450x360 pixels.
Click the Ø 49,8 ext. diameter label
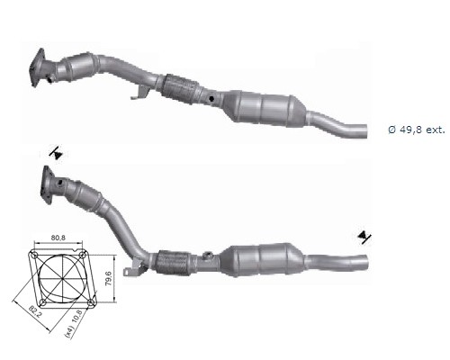(x=417, y=130)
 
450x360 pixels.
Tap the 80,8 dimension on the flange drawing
(x=58, y=238)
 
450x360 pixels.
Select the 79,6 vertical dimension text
(x=109, y=278)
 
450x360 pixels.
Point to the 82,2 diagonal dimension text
(x=36, y=311)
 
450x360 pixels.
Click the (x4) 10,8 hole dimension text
(x=74, y=324)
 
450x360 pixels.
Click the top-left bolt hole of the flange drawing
(x=34, y=256)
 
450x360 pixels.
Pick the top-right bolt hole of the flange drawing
(x=82, y=255)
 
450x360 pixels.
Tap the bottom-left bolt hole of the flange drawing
(x=43, y=302)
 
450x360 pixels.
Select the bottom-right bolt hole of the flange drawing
(x=91, y=302)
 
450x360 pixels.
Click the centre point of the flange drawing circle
(x=62, y=279)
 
